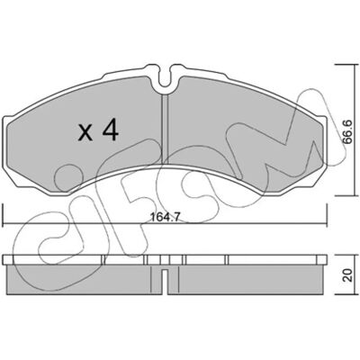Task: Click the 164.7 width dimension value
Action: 164,218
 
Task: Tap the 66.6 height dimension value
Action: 348,131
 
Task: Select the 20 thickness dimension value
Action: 348,274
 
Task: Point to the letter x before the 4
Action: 85,133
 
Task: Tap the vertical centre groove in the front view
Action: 165,130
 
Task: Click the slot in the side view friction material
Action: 165,281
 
